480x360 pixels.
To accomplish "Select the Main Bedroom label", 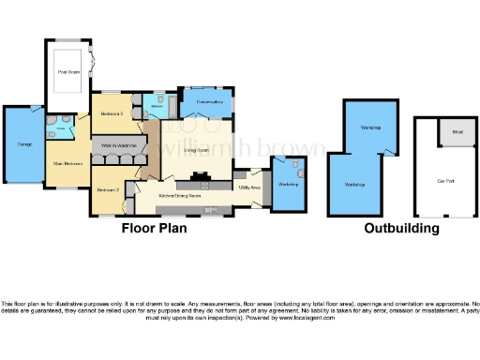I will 67,163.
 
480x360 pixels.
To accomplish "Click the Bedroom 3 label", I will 112,113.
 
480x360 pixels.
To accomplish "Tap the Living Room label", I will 196,150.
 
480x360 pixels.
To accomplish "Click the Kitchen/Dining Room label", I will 179,196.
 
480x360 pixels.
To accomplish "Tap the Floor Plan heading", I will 154,228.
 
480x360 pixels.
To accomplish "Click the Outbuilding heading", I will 400,228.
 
